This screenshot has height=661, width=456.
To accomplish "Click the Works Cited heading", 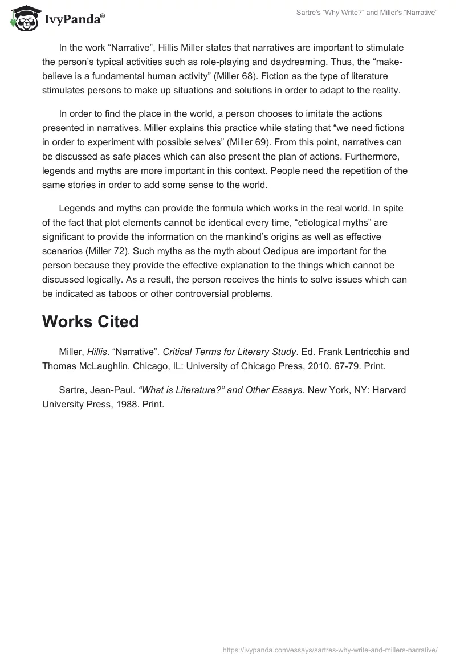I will tap(90, 321).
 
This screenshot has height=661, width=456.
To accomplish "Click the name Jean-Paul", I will tap(112, 390).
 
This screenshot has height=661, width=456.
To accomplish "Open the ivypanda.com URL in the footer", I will tap(330, 650).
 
